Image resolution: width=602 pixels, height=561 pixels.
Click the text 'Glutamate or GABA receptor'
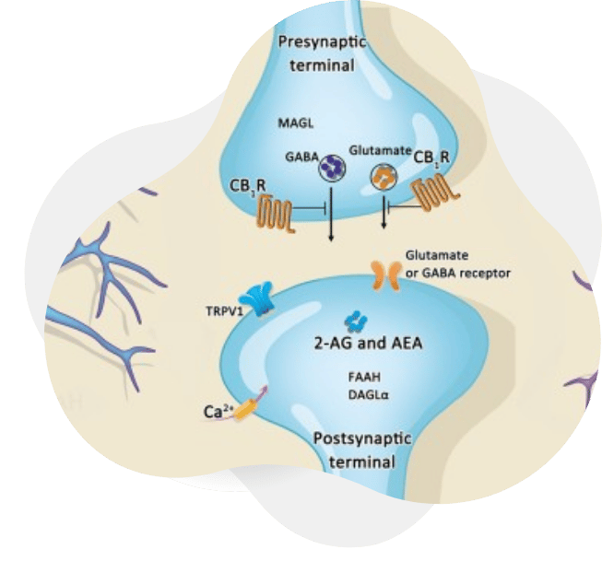pos(457,263)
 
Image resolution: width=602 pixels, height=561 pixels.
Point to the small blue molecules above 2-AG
pos(354,321)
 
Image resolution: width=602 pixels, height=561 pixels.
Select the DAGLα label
pos(366,393)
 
